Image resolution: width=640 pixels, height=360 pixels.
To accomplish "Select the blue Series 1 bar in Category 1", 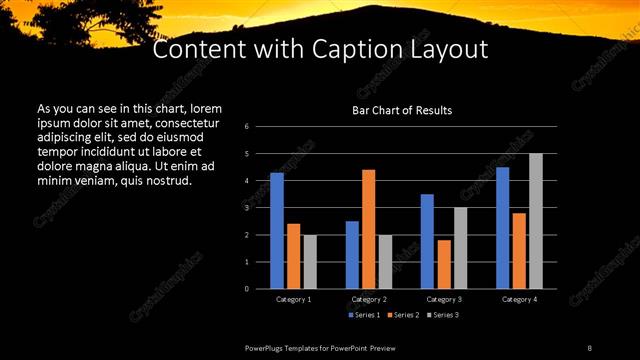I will (x=277, y=230).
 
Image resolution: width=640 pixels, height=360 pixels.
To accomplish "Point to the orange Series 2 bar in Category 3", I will (x=444, y=264).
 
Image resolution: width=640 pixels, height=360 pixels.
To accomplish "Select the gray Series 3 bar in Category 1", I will (x=310, y=261).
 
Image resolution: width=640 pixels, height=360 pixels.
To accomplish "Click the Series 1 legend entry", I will (x=364, y=315).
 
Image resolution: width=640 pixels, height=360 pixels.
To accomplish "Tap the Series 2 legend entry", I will (x=402, y=315).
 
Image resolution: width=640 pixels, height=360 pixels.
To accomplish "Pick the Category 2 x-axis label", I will (x=369, y=299).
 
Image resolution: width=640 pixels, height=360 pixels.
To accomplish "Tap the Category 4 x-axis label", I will (x=519, y=299).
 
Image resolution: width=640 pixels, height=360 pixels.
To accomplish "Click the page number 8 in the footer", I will (x=590, y=347).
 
